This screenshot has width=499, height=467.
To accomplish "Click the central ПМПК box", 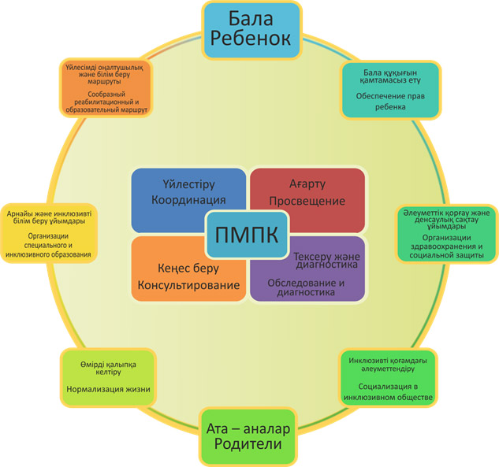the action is pyautogui.click(x=248, y=235).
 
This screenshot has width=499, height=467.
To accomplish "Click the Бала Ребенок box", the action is pyautogui.click(x=251, y=30).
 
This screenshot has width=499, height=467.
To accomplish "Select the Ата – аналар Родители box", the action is pyautogui.click(x=248, y=436).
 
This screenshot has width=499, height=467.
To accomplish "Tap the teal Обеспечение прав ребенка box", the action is pyautogui.click(x=390, y=91).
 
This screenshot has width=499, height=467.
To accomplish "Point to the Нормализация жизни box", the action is pyautogui.click(x=108, y=378).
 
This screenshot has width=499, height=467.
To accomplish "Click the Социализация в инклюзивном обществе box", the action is pyautogui.click(x=389, y=378).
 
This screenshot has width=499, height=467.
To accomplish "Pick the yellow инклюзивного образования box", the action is pyautogui.click(x=48, y=233).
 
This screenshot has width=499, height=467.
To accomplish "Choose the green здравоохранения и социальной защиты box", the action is pyautogui.click(x=446, y=234).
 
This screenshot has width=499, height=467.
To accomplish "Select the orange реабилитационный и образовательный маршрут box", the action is pyautogui.click(x=106, y=88).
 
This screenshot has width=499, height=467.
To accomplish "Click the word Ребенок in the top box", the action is pyautogui.click(x=251, y=39).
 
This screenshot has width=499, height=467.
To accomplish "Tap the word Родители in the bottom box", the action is pyautogui.click(x=248, y=444).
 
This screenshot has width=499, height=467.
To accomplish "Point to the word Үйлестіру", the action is pyautogui.click(x=188, y=184).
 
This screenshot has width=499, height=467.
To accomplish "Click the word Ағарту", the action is pyautogui.click(x=307, y=183).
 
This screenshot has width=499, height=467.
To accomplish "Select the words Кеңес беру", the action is pyautogui.click(x=188, y=269).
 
